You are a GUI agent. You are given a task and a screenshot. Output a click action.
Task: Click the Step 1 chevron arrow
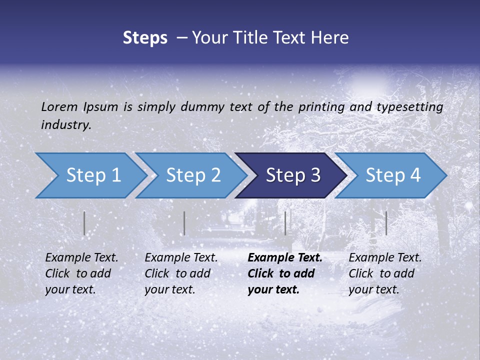[92, 175]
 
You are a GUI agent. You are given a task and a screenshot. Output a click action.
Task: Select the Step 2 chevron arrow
[192, 175]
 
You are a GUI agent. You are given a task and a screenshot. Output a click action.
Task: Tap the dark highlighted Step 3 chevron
[292, 175]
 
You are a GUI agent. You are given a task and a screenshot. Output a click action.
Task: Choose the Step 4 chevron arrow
[392, 175]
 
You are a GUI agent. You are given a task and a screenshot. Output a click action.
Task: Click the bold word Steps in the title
[145, 38]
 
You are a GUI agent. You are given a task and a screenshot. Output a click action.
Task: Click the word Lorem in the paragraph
[59, 107]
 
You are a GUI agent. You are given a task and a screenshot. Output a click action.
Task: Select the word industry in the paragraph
[65, 125]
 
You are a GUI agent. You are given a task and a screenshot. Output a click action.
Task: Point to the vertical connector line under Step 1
[84, 223]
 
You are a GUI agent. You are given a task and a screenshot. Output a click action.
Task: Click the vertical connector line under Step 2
[184, 223]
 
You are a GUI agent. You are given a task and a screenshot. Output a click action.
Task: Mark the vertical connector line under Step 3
[285, 223]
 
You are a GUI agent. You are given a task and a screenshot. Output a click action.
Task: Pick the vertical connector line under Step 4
[386, 223]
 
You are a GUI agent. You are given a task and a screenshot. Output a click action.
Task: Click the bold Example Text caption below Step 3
[285, 273]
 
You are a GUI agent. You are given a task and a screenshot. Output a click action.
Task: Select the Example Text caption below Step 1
[81, 273]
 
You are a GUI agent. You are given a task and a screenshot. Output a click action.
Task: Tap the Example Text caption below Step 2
[181, 273]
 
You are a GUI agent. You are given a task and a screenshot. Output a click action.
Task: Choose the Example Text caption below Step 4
[385, 273]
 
